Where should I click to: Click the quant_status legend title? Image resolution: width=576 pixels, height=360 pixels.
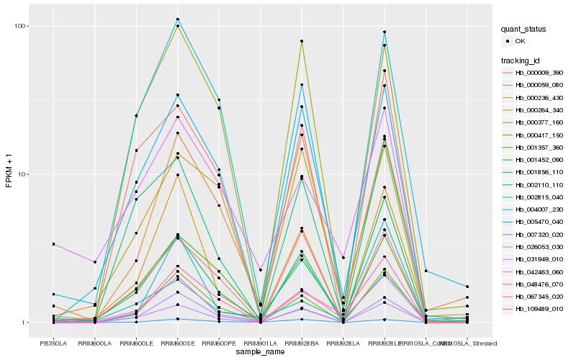524,30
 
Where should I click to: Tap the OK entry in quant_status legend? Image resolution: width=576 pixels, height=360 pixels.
521,42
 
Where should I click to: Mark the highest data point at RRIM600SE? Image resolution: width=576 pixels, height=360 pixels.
177,19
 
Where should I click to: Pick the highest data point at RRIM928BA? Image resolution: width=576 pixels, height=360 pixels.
302,41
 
